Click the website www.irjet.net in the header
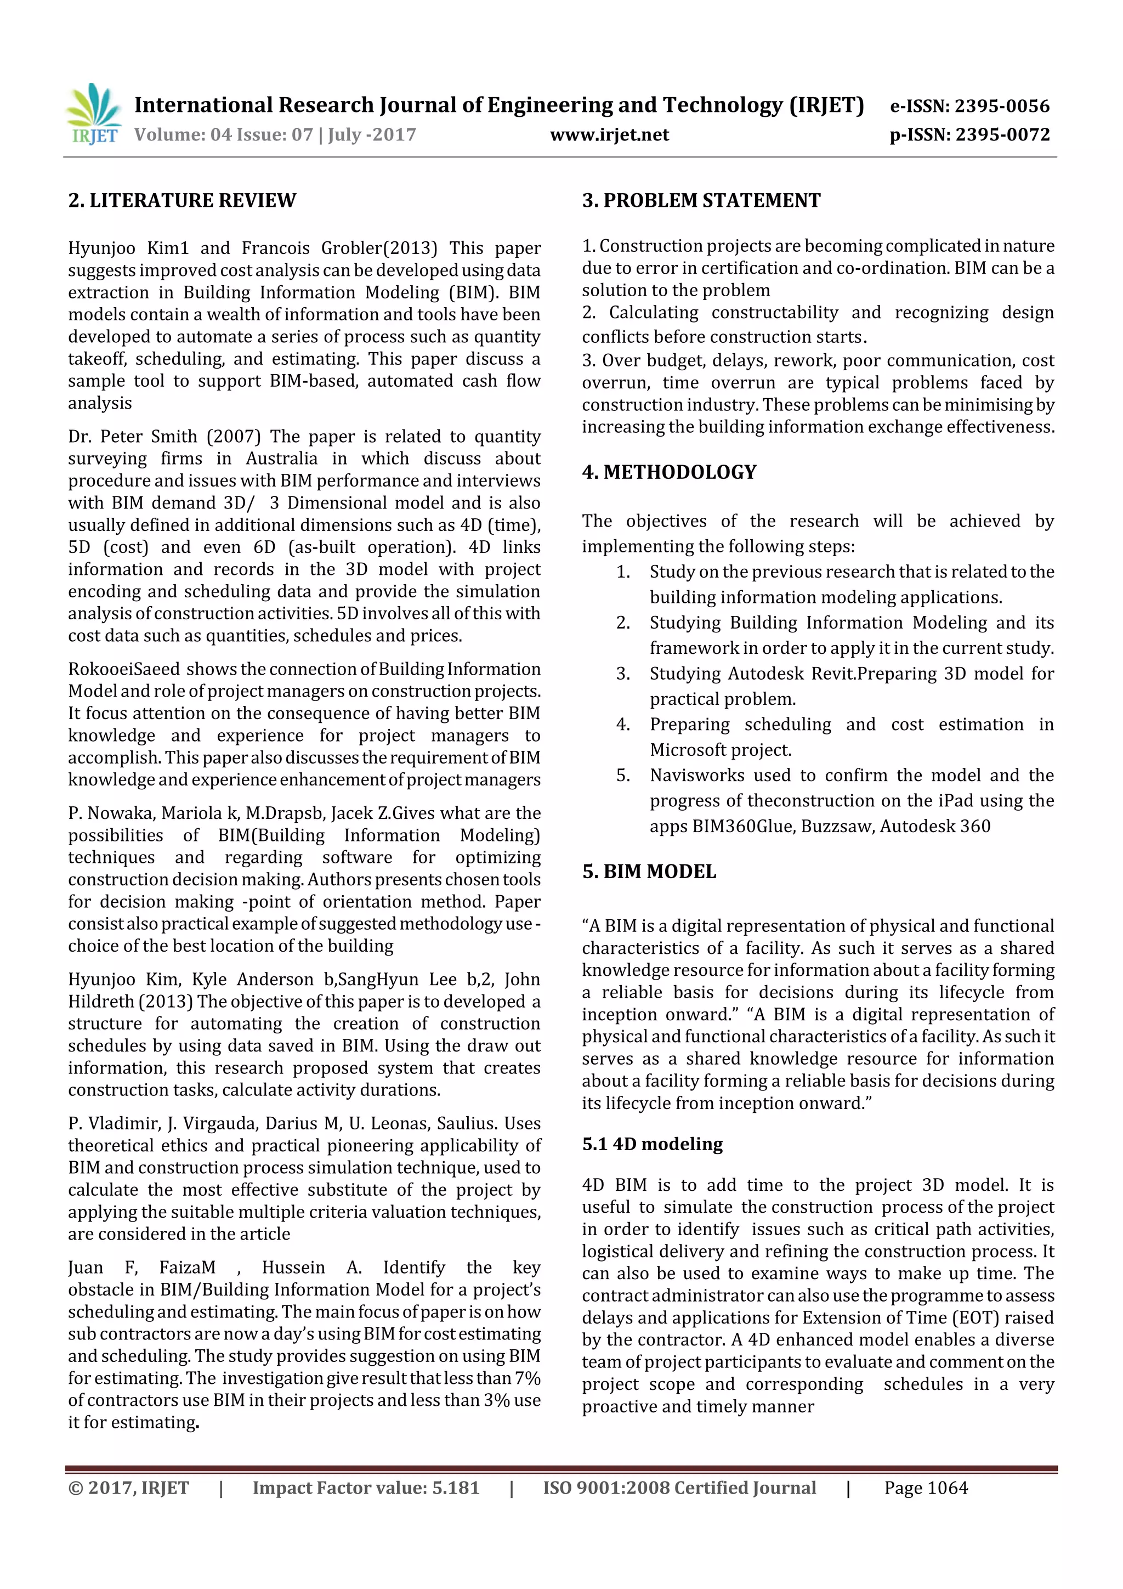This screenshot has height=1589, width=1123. click(609, 134)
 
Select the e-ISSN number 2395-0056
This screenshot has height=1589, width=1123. click(1002, 106)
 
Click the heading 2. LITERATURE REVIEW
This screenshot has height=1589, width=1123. click(182, 201)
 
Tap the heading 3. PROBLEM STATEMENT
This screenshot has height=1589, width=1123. click(701, 201)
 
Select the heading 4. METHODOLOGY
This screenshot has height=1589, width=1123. click(669, 472)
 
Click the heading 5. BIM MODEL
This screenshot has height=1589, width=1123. click(649, 872)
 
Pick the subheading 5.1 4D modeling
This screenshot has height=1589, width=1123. click(652, 1144)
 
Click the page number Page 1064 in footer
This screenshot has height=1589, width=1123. click(926, 1488)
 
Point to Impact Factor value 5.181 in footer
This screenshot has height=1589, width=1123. click(365, 1488)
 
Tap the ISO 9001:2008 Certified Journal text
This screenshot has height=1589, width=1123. click(679, 1488)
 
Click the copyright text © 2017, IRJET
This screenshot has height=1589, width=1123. click(128, 1488)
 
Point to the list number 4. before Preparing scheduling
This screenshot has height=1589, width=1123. click(623, 725)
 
